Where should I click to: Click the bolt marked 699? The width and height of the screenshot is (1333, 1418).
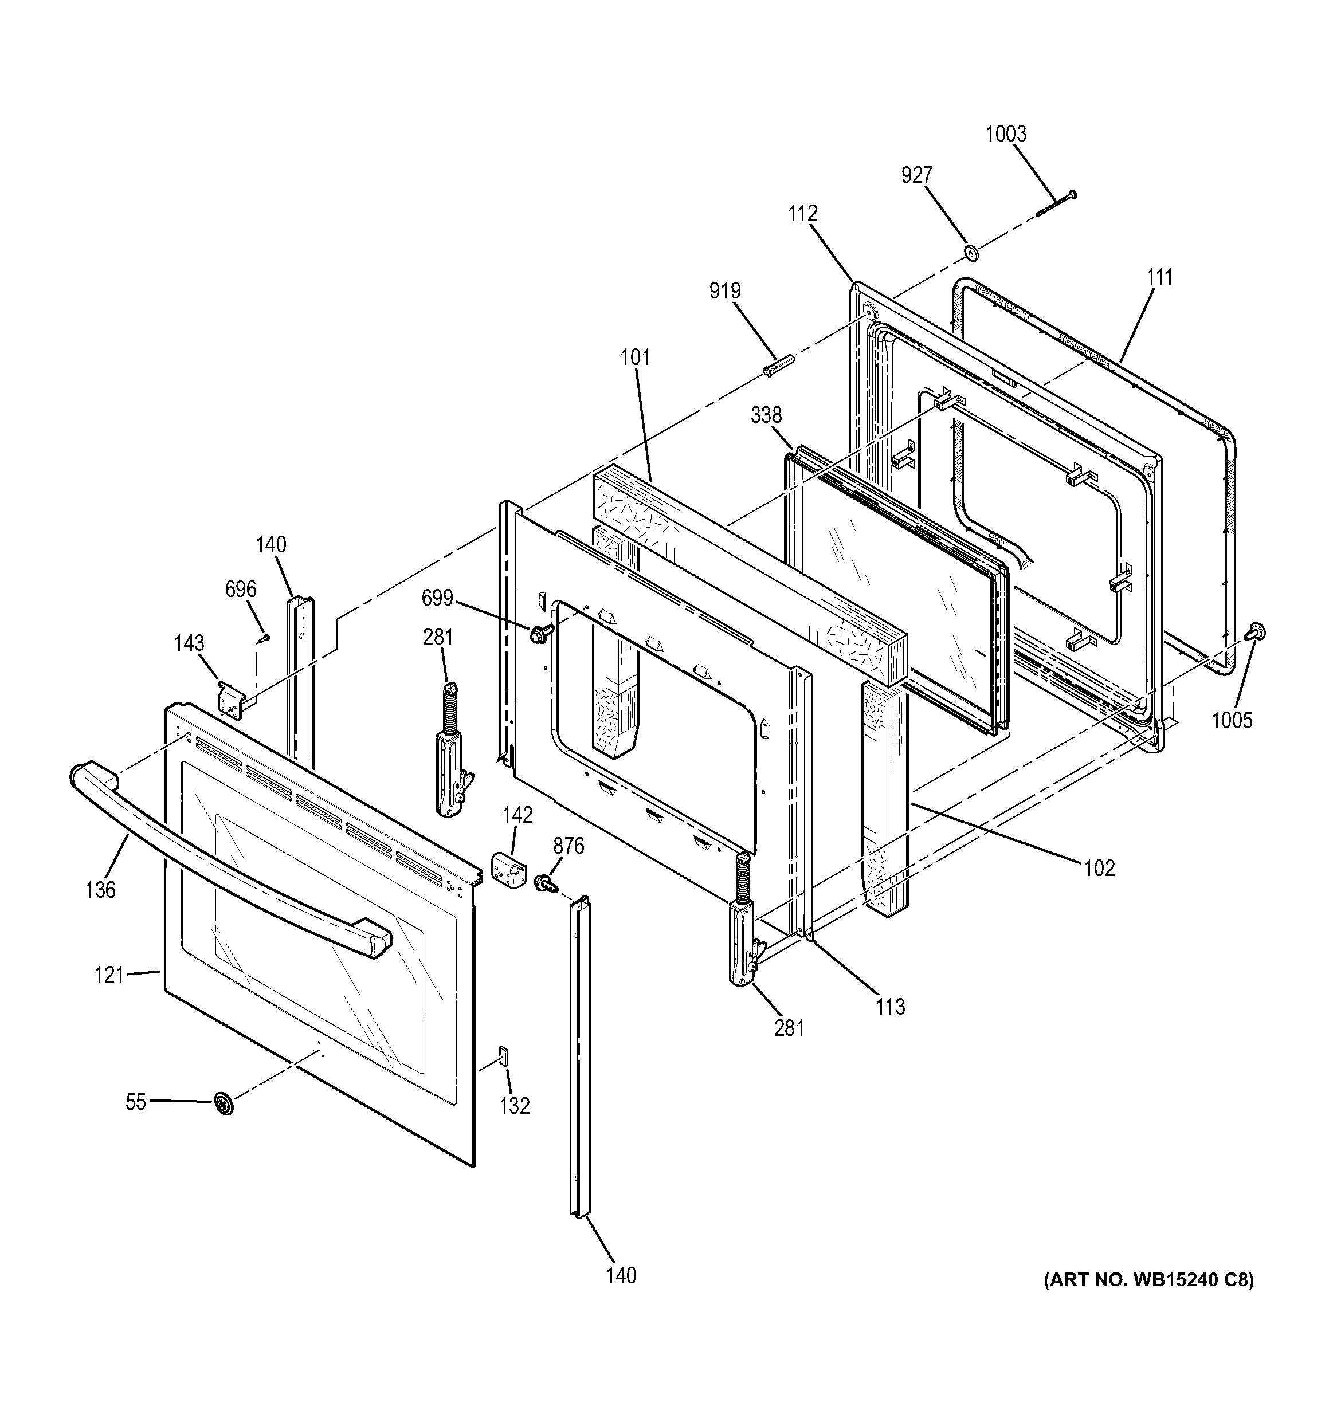541,632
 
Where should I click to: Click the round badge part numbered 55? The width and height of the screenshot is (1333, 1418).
224,1104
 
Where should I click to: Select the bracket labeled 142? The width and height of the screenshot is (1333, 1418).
508,870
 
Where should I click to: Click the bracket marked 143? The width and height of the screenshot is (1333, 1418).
231,698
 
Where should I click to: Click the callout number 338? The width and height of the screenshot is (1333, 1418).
766,415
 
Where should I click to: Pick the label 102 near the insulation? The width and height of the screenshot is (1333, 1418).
1099,868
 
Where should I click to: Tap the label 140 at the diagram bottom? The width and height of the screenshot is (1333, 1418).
621,1275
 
